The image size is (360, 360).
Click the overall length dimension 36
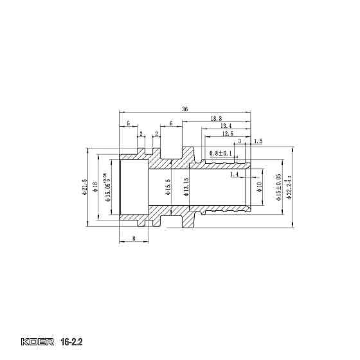(185, 109)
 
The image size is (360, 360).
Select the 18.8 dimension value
(216, 119)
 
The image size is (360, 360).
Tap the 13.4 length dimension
(226, 126)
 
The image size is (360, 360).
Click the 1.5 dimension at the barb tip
(258, 141)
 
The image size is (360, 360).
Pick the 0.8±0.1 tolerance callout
(222, 153)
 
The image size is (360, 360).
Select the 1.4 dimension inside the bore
(234, 174)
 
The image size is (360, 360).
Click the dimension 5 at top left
(129, 123)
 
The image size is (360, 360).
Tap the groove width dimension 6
(171, 123)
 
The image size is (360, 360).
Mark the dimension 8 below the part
(133, 239)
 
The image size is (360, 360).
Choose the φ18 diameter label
(95, 186)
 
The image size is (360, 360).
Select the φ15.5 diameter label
(168, 187)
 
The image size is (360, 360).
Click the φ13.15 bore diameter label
(185, 187)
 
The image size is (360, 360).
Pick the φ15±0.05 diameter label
(278, 187)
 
